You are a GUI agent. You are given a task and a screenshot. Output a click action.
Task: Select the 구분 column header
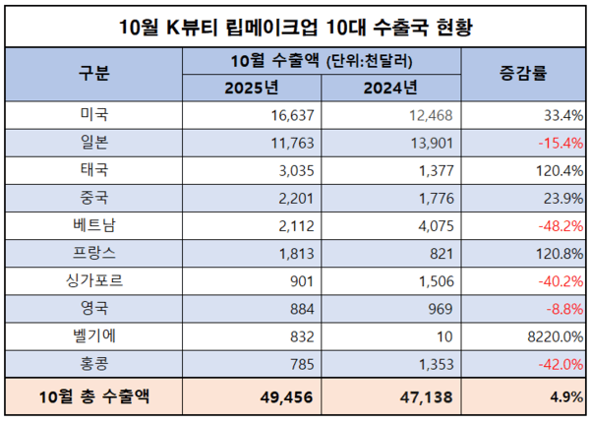coord(94,75)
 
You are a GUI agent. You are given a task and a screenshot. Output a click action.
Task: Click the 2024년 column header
coord(390,89)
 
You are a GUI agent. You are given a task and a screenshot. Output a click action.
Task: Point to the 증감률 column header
coord(523,75)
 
